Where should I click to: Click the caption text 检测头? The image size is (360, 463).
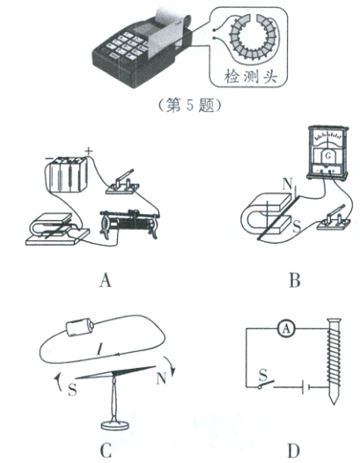pos(251,77)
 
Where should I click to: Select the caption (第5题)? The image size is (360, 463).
pos(189,106)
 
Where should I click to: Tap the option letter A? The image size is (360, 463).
pos(105,280)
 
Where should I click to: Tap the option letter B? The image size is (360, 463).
pos(295,280)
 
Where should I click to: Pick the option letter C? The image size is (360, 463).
pos(106,450)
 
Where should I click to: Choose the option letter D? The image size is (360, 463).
pos(293,451)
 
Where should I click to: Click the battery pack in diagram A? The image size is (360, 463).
pos(67,174)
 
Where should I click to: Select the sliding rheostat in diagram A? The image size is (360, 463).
pos(129,224)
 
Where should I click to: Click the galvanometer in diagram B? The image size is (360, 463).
pos(327,152)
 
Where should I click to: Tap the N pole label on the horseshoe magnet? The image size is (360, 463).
pos(287,185)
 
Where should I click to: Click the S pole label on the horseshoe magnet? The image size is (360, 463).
pos(297,227)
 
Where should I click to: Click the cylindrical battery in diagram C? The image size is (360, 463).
pos(80,327)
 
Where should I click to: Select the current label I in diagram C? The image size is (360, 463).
pos(99,350)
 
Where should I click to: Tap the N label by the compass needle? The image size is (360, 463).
pos(161,378)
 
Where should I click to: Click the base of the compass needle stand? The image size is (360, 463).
pos(115,425)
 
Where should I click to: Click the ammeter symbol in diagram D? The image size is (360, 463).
pos(286,328)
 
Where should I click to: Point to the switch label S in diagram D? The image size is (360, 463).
pos(263,375)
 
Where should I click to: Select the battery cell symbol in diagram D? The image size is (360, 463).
pos(305,387)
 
